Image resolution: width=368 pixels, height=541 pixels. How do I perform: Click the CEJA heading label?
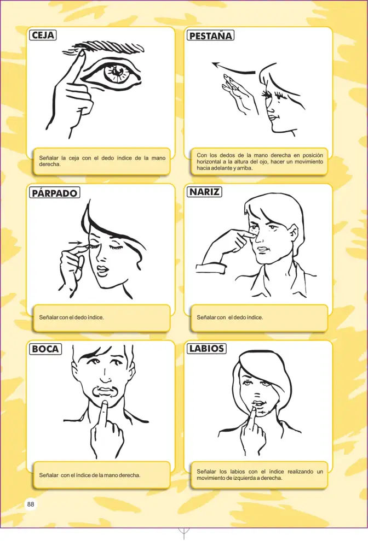tap(43, 35)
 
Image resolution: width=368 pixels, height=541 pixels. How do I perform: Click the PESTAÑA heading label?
tap(210, 36)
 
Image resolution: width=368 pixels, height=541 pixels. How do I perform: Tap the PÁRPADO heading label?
tap(55, 192)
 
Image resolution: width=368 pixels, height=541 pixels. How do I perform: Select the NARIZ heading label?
tap(204, 191)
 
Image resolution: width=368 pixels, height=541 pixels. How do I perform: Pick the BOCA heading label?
tap(45, 349)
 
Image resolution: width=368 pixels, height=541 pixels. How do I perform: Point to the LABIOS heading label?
tap(206, 348)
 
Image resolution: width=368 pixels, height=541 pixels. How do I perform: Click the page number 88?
tap(31, 504)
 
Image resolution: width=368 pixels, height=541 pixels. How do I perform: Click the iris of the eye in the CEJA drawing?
tap(117, 72)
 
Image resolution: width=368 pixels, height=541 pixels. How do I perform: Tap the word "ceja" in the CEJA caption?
tap(74, 158)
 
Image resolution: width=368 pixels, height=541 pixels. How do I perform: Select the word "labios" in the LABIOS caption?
tap(237, 471)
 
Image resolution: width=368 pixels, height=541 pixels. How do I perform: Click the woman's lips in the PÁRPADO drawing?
tap(102, 270)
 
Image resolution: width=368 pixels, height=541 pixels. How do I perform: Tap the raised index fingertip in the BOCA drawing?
tap(104, 402)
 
